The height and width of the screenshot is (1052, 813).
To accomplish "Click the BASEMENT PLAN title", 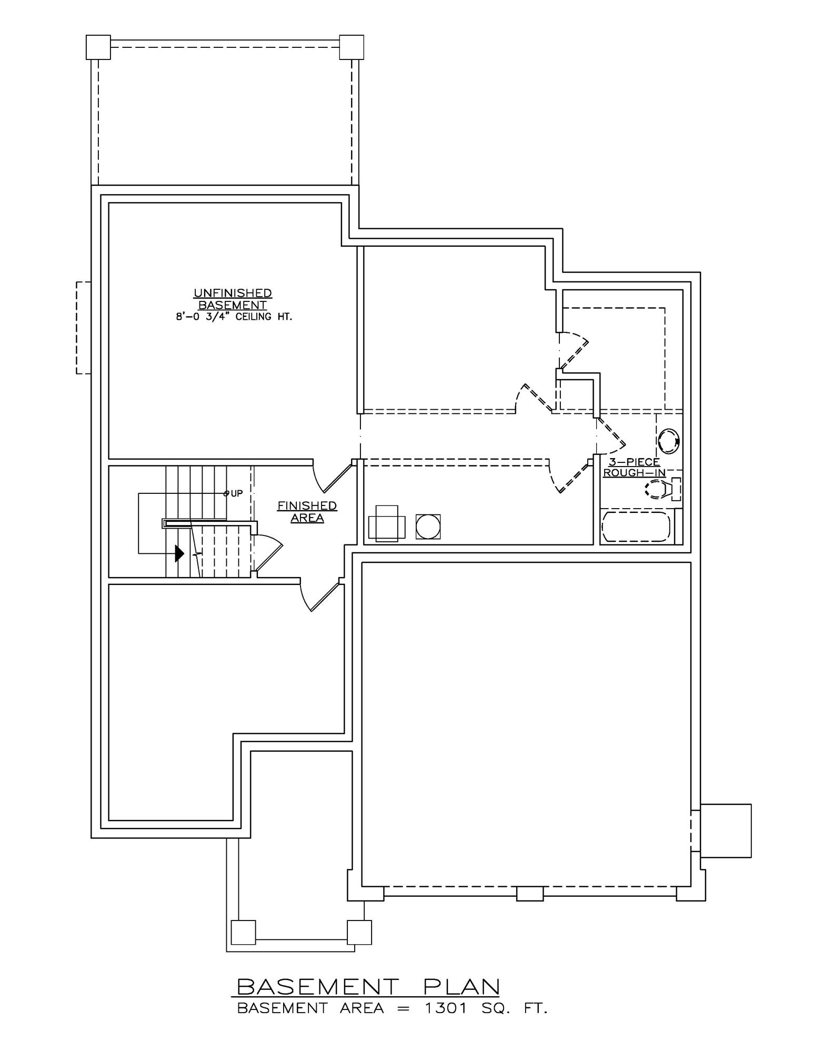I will (367, 986).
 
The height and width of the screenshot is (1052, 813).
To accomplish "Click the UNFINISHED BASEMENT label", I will (233, 299).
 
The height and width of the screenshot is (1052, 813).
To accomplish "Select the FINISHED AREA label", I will (307, 511).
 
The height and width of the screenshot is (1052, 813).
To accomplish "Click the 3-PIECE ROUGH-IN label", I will (634, 467).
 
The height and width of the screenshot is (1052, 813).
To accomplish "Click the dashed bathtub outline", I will (636, 527).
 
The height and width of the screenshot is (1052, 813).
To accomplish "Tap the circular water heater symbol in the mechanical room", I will (427, 527).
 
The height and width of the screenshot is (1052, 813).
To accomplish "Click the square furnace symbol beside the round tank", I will (387, 523).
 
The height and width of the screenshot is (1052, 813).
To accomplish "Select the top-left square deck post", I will (98, 47).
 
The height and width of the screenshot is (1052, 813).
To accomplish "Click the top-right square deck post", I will (352, 47).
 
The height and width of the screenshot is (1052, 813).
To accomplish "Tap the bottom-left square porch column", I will (243, 932).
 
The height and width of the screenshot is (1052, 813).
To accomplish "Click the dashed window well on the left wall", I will (84, 328).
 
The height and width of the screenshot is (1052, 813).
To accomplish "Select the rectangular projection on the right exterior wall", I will (725, 831).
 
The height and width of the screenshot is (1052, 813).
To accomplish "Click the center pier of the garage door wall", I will (529, 893).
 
